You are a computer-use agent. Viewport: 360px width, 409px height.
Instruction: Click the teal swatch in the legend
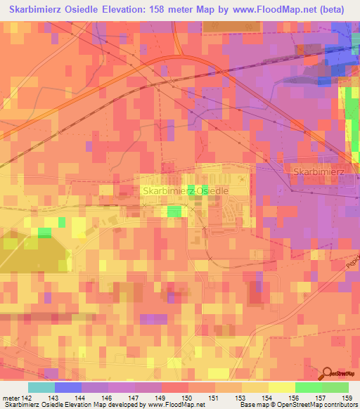41,387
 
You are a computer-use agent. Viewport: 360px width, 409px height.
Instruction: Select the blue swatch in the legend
68,387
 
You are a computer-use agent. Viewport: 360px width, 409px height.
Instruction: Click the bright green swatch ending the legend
335,387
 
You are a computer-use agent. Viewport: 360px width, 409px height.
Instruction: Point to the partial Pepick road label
352,263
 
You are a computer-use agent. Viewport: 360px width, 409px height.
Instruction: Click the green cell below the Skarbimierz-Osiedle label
174,211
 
